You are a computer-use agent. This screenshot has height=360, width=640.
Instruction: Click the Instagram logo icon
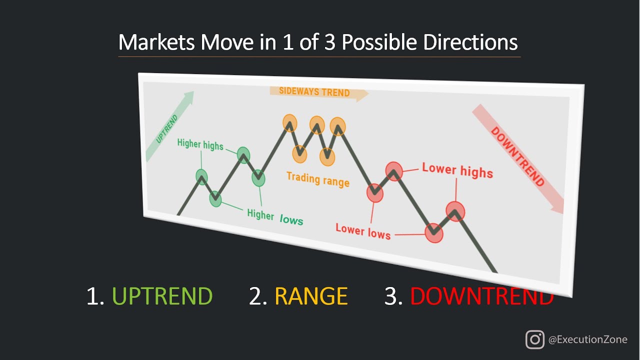click(x=534, y=339)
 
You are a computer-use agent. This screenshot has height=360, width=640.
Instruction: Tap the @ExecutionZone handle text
click(x=587, y=339)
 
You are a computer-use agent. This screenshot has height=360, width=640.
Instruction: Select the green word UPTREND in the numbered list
click(x=162, y=296)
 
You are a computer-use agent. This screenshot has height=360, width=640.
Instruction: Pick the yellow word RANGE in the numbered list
click(x=311, y=296)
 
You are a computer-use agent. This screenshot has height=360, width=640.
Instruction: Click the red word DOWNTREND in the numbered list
click(x=481, y=296)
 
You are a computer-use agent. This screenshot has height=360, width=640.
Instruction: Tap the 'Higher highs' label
click(x=200, y=144)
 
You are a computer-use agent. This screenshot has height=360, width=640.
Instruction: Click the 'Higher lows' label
click(x=275, y=217)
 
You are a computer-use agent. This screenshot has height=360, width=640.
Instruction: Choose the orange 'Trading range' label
click(x=317, y=178)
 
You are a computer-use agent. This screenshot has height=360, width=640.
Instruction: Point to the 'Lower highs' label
click(x=457, y=170)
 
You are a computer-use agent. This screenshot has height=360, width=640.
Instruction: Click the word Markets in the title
click(x=157, y=43)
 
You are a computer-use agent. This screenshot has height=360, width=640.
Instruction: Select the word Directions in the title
click(x=470, y=43)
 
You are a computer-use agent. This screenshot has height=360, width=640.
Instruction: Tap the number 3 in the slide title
click(x=332, y=43)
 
